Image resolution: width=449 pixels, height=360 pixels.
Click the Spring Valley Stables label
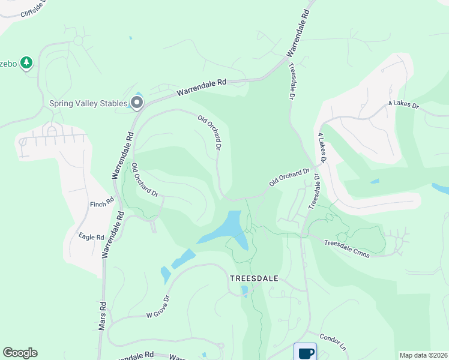click(x=88, y=103)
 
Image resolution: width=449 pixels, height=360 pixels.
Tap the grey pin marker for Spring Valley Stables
click(x=137, y=103)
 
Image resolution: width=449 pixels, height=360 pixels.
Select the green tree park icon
click(x=26, y=62)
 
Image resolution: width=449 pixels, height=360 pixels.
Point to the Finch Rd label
click(x=102, y=203)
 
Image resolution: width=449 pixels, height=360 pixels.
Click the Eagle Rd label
click(x=91, y=237)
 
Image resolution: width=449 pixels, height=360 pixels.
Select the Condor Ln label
click(x=333, y=342)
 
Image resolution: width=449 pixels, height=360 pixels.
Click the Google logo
click(x=20, y=353)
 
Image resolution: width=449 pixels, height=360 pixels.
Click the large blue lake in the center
click(x=228, y=231)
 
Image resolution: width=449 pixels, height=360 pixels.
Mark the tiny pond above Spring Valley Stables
click(x=130, y=38)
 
